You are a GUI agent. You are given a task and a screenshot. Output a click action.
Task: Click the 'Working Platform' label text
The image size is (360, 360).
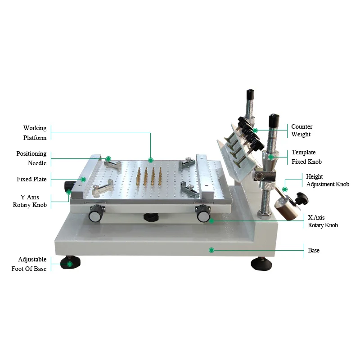coord(35,133)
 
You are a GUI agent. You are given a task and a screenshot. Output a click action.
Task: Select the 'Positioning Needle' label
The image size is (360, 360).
coord(31,158)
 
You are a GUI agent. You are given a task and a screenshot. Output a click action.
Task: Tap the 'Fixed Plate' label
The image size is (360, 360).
coord(31,179)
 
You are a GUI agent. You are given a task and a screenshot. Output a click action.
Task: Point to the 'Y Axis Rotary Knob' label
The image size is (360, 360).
coord(30,201)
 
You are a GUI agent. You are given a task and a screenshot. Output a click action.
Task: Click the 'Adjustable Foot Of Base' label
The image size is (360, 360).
coord(29,264)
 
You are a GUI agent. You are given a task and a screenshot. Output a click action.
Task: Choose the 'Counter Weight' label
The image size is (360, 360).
coord(301,130)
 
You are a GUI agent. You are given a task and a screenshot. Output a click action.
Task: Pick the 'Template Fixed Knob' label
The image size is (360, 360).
coord(306,157)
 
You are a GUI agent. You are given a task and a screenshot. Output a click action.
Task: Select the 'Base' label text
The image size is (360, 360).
coord(314,250)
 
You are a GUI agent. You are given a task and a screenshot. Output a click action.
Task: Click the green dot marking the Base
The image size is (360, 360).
coord(211,250)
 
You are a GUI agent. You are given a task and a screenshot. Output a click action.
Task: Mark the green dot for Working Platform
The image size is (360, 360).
coord(151,160)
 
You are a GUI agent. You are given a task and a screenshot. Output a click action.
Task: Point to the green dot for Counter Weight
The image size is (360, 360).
coord(255,130)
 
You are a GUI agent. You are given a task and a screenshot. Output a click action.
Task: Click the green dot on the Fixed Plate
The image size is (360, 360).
coord(83,179)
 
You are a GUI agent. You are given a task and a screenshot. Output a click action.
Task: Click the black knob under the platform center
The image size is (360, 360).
coord(151,217)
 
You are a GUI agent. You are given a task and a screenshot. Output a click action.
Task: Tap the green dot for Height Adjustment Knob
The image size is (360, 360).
coord(284,189)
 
